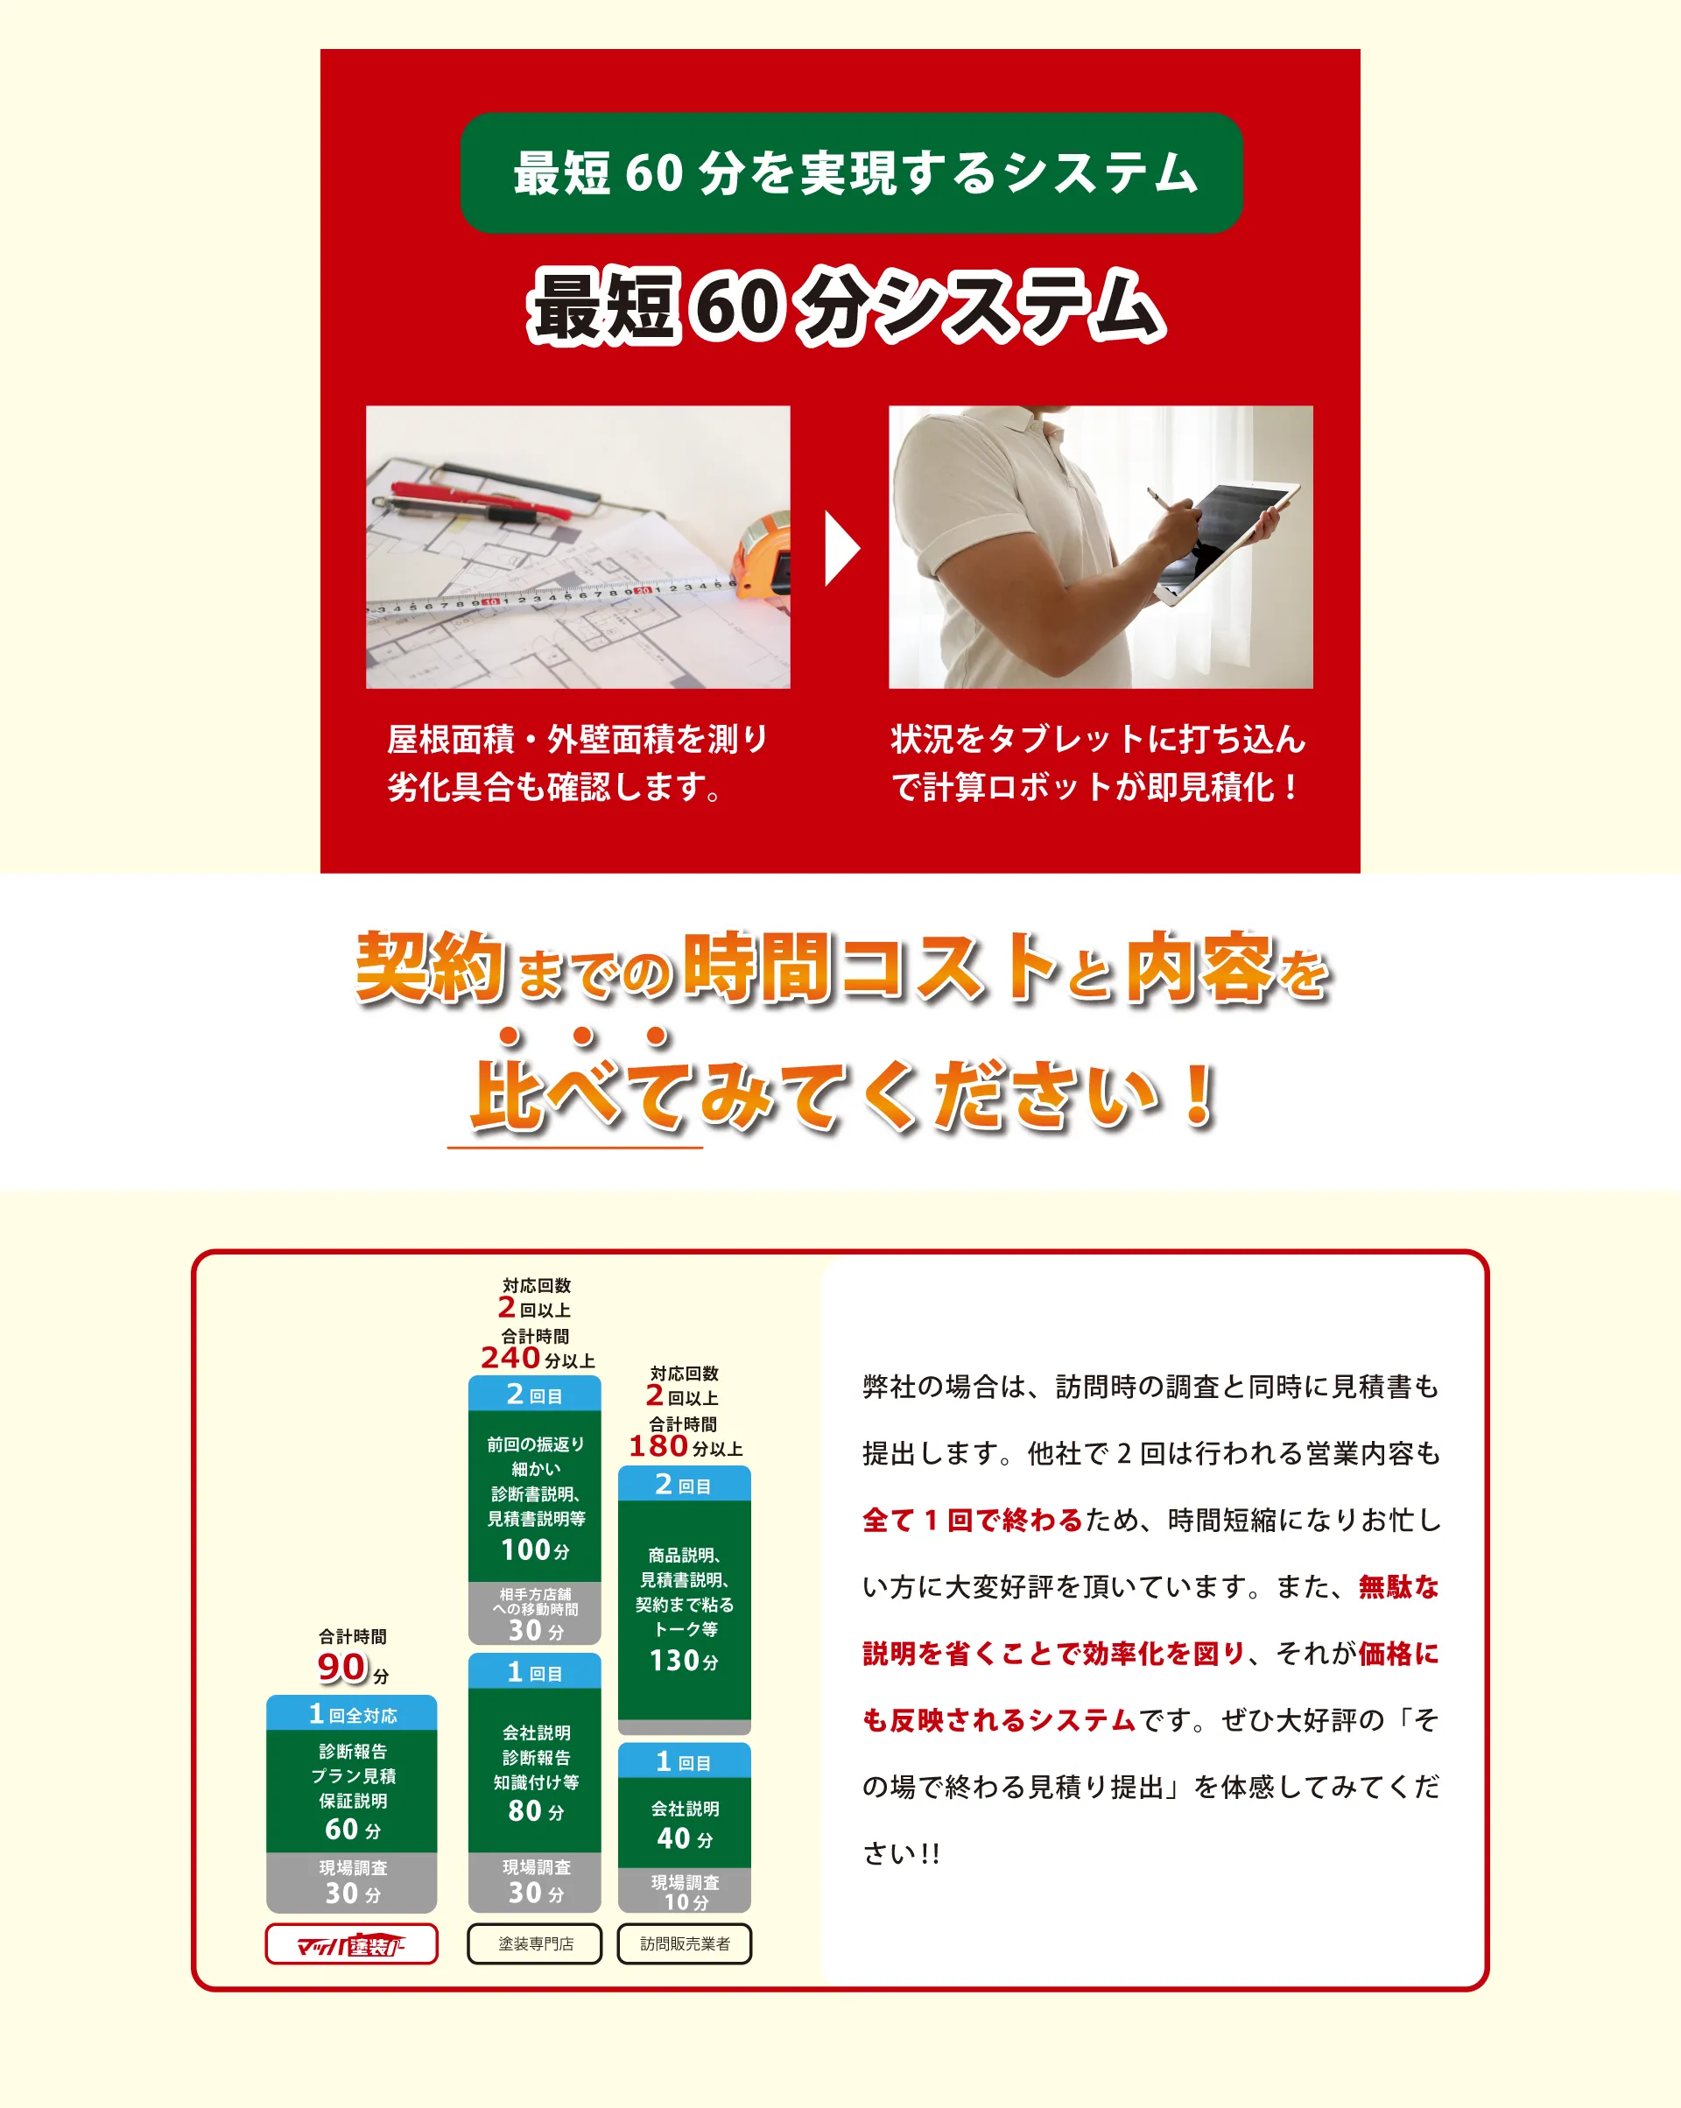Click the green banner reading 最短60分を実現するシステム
click(851, 173)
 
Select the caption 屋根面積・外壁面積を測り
click(578, 739)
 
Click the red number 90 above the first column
click(341, 1667)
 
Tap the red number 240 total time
click(510, 1357)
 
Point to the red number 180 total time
click(658, 1446)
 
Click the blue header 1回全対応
click(352, 1713)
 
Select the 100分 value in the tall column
click(535, 1549)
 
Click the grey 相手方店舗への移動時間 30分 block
click(535, 1613)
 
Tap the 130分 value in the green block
click(684, 1660)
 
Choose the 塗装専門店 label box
click(535, 1943)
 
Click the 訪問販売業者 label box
click(685, 1943)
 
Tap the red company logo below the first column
click(352, 1943)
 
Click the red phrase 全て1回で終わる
click(972, 1521)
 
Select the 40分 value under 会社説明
click(685, 1838)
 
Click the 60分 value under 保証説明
click(352, 1829)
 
